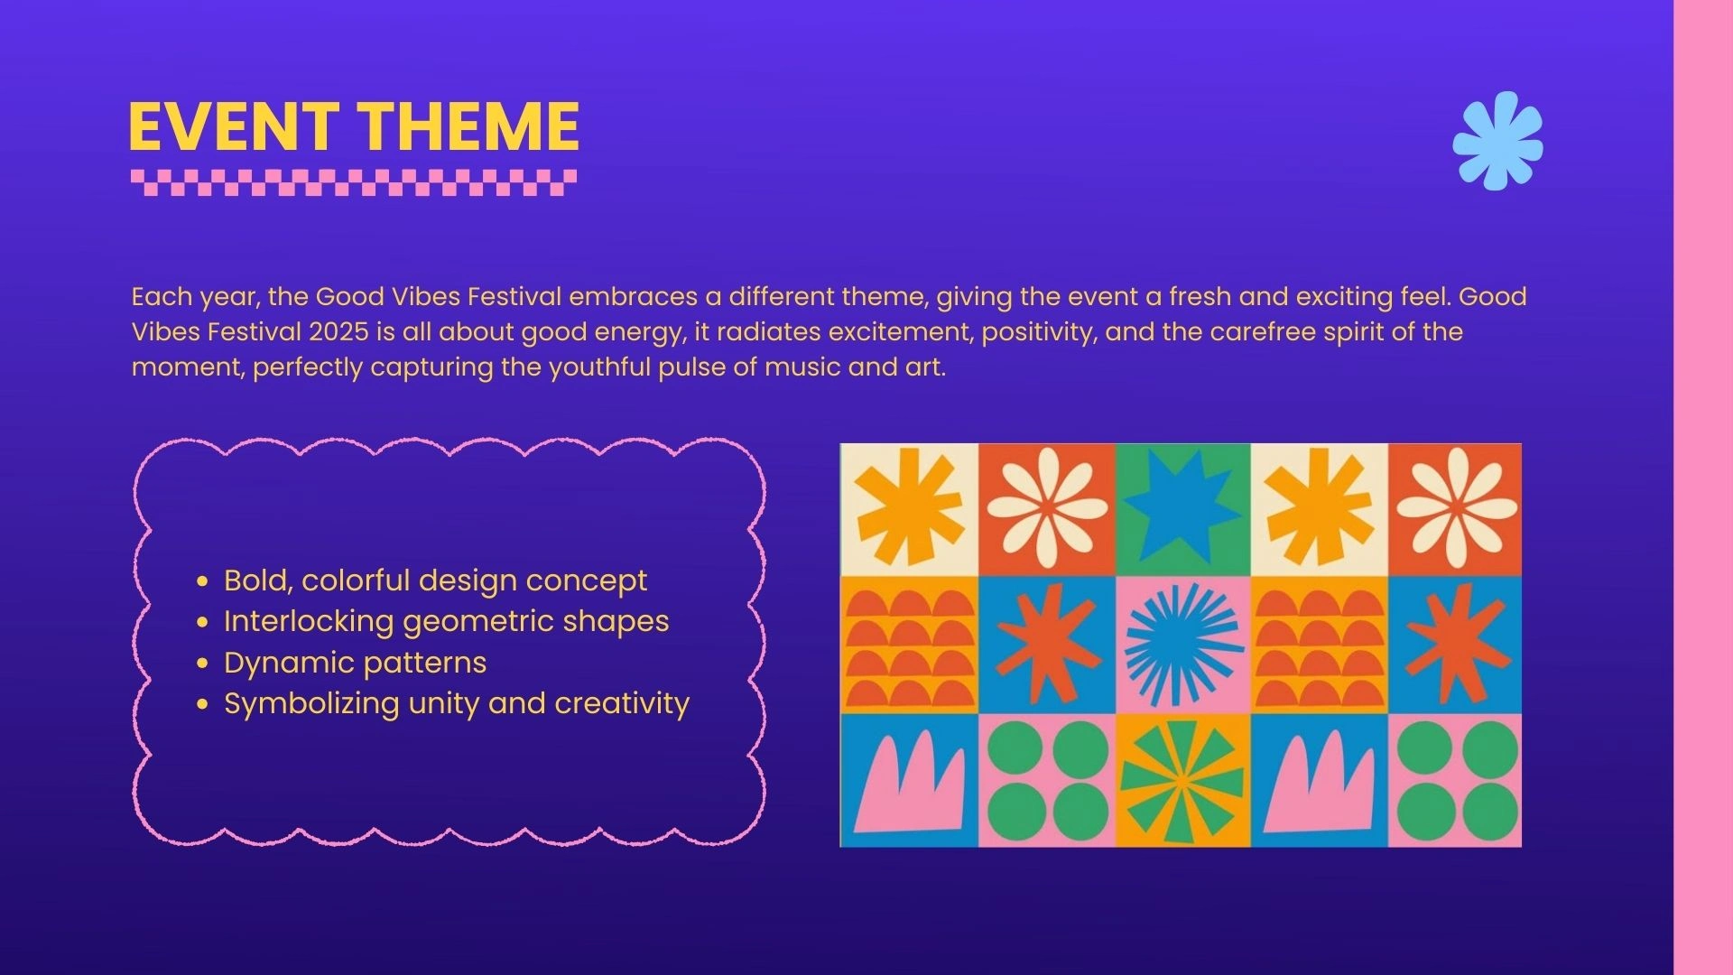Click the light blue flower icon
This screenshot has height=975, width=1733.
coord(1497,140)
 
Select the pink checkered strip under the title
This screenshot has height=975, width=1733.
coord(354,182)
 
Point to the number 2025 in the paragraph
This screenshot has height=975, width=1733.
coord(338,331)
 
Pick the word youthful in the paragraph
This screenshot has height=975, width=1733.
coord(599,367)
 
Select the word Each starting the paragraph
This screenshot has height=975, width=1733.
coord(162,296)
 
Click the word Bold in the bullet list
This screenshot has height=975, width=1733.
coord(258,580)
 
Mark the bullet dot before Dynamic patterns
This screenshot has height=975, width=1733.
coord(202,664)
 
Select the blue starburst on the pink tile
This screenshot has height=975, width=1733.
coord(1183,644)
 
